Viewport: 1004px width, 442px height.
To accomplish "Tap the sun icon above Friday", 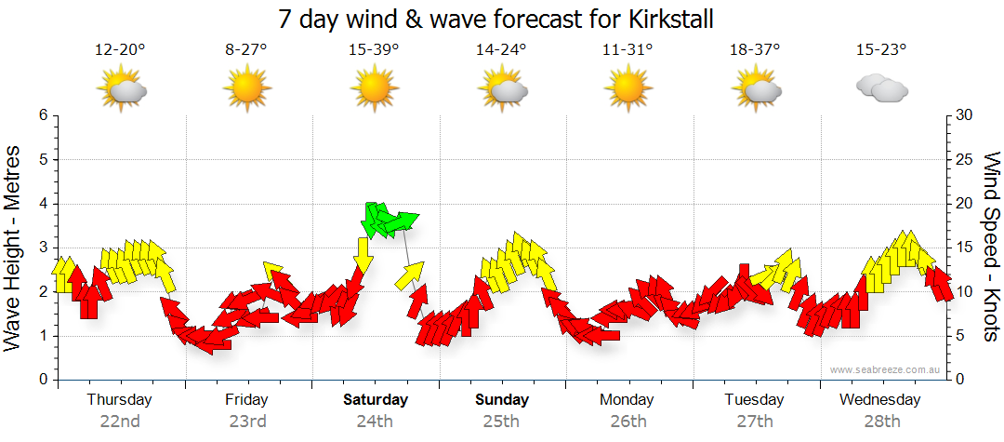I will pos(246,90).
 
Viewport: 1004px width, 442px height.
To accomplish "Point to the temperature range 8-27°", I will pos(246,49).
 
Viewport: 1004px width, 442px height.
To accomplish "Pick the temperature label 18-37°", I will pos(754,49).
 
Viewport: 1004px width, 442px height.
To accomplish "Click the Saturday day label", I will pos(376,400).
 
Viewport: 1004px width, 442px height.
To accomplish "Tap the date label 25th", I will pos(501,421).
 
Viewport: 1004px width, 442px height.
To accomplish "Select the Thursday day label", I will pos(119,400).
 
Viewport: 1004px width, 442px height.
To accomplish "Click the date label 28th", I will pos(880,421).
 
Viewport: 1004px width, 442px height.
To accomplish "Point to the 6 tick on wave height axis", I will pos(43,115).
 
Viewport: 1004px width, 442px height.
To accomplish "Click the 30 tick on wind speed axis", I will pos(965,115).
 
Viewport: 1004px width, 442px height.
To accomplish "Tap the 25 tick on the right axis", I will pos(965,159).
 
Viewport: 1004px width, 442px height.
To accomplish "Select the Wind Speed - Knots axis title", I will pos(990,248).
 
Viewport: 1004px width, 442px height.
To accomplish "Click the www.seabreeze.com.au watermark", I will pos(886,369).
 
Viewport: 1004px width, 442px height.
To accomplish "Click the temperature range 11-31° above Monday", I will pos(627,49).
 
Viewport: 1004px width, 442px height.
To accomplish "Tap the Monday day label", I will pos(627,400).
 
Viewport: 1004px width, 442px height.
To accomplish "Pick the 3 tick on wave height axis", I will pos(43,248).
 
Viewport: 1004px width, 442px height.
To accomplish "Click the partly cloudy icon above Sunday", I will pos(502,90).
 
